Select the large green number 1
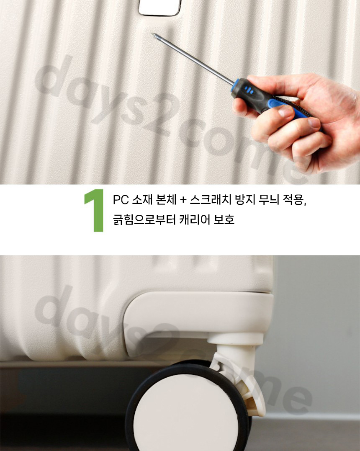click(x=95, y=210)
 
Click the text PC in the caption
click(x=121, y=200)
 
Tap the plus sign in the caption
click(x=183, y=200)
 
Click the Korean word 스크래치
click(x=211, y=200)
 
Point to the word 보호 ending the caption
click(x=224, y=219)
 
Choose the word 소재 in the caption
click(x=142, y=200)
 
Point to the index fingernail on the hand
click(x=314, y=123)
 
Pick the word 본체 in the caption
click(x=166, y=200)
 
